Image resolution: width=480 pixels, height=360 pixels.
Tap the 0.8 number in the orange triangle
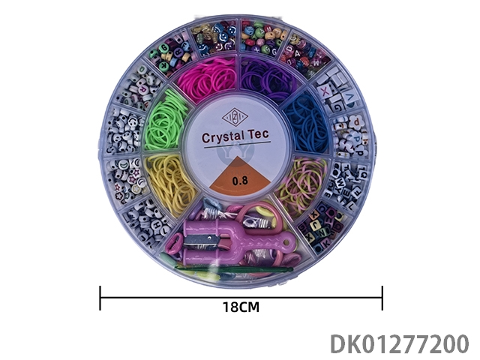click(239, 180)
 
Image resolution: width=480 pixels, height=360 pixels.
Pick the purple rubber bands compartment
click(271, 79)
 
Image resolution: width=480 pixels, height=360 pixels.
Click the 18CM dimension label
click(241, 307)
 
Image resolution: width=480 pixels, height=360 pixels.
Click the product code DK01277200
click(399, 343)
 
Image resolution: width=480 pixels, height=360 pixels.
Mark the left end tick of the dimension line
click(100, 297)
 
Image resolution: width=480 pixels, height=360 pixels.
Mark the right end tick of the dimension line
click(382, 297)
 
